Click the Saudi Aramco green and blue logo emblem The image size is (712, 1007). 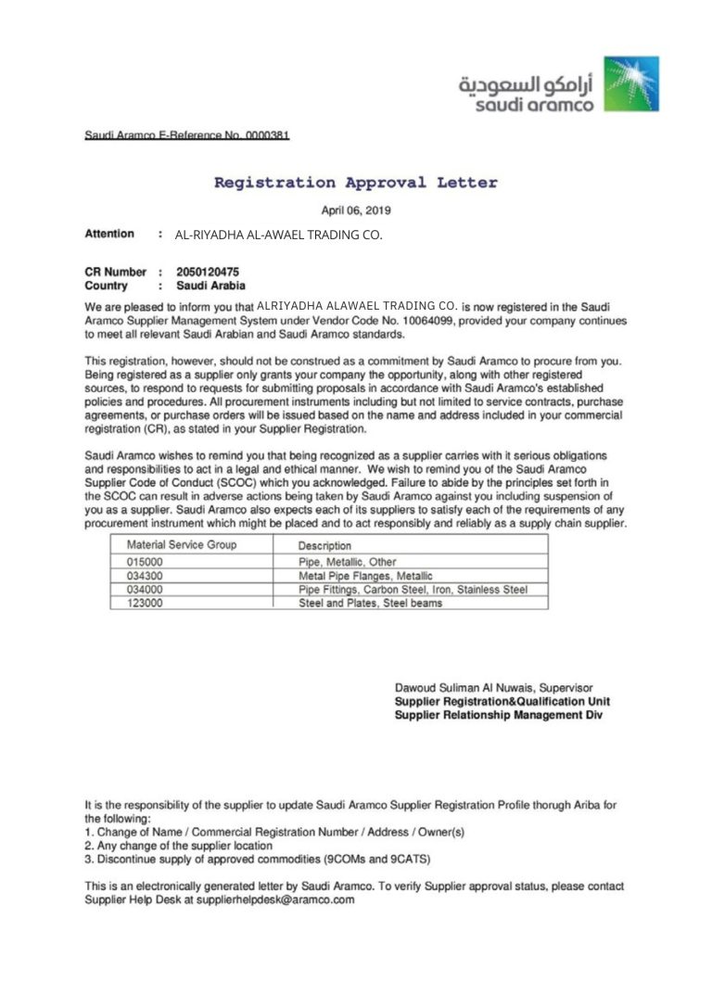coord(631,83)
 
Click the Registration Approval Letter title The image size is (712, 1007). coord(355,183)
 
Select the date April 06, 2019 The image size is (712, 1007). coord(355,210)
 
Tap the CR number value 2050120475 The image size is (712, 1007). coord(213,272)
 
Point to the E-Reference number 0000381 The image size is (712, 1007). coord(267,135)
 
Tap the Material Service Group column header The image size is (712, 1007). coord(181,544)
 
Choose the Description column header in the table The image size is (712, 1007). coord(324,545)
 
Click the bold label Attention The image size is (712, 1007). coord(109,234)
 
